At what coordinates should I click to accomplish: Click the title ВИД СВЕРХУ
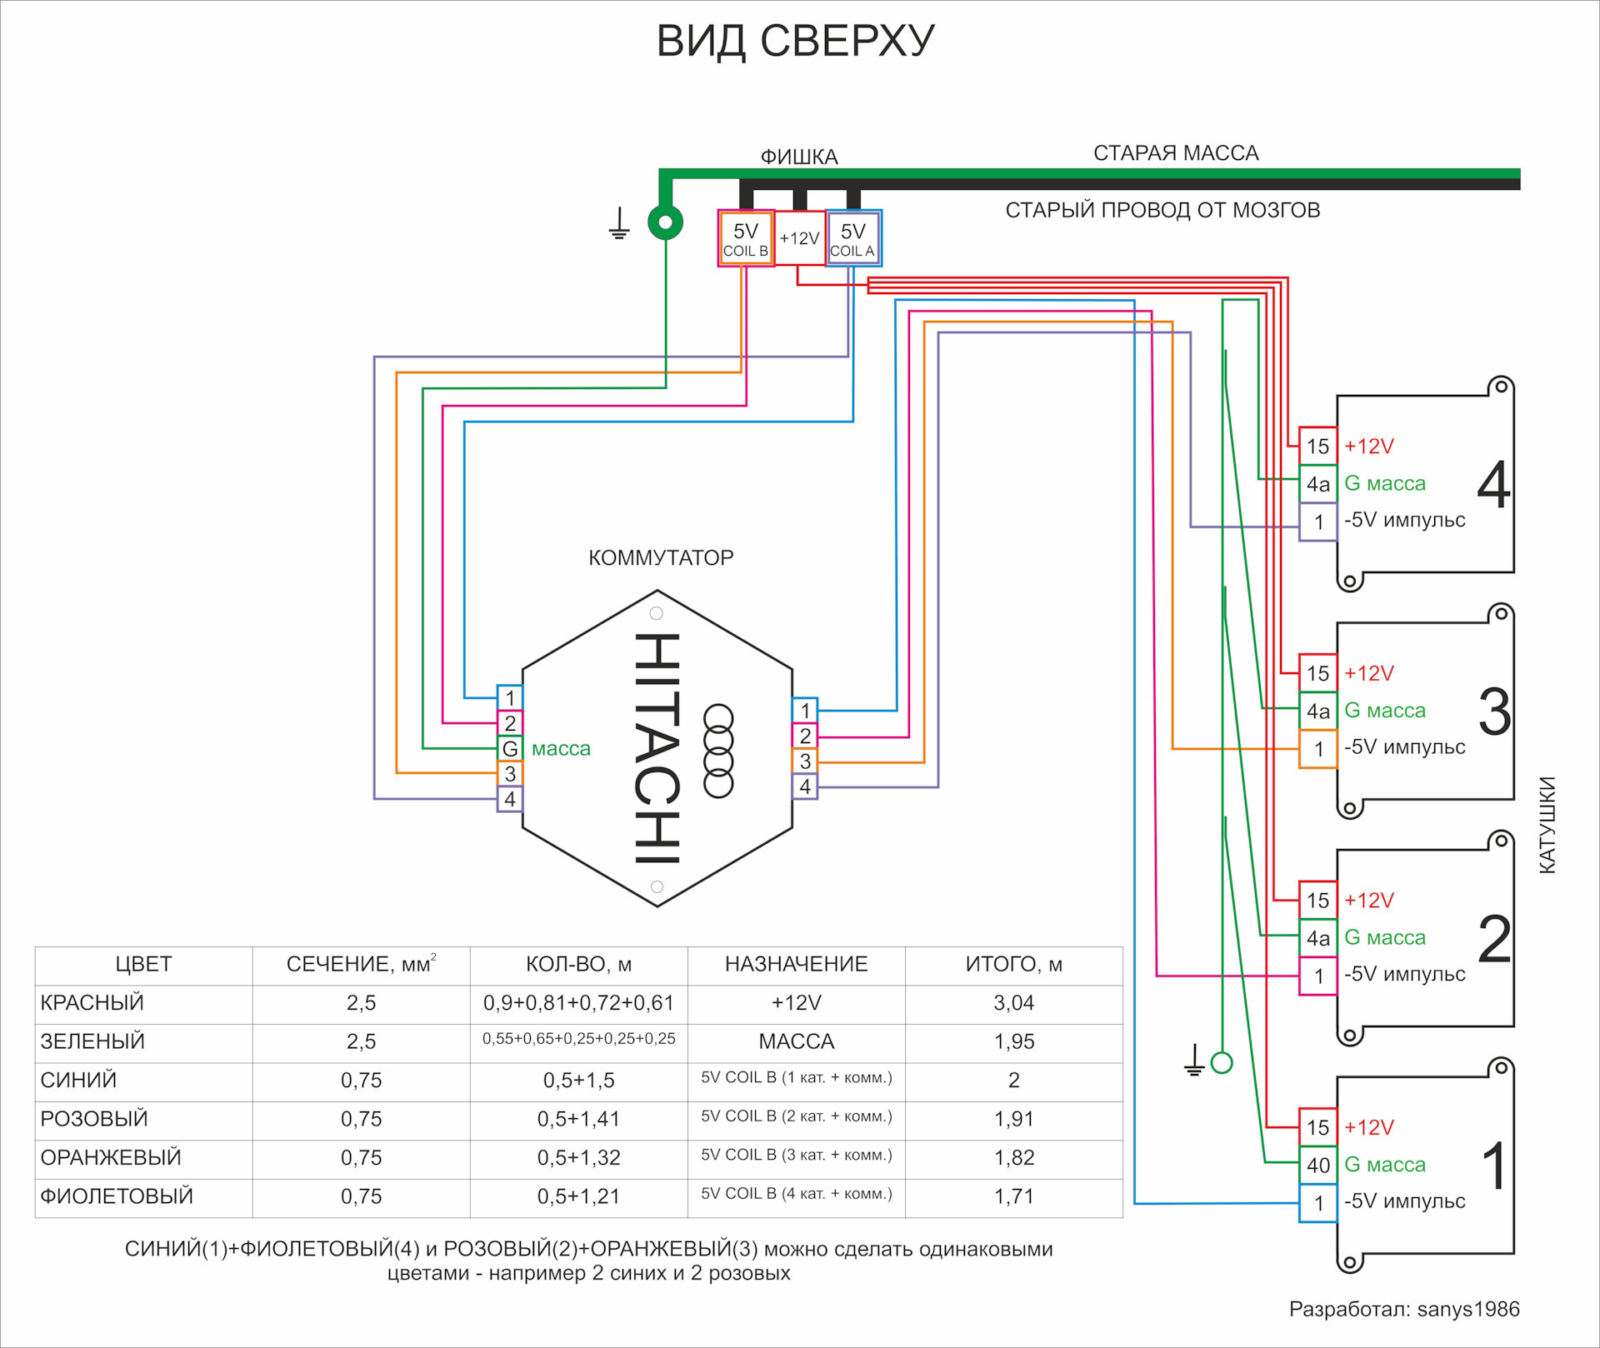796,42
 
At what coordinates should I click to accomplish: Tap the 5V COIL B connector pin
746,238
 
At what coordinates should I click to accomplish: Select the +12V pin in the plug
799,238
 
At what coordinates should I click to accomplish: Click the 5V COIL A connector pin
852,238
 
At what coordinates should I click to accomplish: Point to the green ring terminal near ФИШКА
665,222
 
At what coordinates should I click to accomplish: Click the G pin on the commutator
510,748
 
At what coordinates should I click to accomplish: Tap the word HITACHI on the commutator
657,747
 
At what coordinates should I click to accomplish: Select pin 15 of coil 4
1317,447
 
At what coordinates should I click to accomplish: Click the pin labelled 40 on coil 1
1317,1165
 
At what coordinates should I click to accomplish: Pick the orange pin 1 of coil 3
1317,749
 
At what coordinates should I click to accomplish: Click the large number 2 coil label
1494,939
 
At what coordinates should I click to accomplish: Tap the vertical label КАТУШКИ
1547,825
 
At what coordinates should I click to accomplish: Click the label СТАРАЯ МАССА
1176,153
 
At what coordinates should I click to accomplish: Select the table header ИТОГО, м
1013,965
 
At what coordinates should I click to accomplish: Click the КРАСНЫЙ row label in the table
92,1003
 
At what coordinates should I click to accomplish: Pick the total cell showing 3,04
1013,1003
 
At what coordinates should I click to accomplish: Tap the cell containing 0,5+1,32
578,1157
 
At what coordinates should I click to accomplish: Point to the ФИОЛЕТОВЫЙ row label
117,1196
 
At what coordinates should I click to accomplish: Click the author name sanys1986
1468,1310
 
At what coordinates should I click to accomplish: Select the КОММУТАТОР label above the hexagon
661,558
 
